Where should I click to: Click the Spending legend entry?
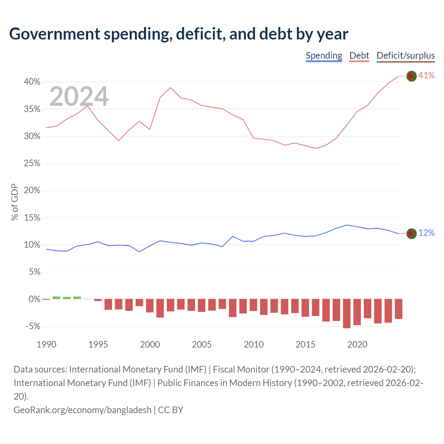point(324,56)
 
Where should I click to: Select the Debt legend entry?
point(359,56)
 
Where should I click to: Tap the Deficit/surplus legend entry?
point(405,56)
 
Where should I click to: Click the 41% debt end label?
point(426,76)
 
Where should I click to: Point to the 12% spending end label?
point(426,233)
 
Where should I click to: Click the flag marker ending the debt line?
point(411,76)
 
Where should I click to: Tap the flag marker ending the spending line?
point(411,234)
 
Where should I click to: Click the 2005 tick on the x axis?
point(202,344)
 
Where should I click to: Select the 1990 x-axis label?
point(46,344)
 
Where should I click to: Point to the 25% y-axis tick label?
point(32,163)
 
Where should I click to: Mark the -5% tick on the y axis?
point(33,326)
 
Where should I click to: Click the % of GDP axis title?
point(15,202)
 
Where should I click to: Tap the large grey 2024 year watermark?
point(79,97)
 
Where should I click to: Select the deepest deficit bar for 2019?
point(347,314)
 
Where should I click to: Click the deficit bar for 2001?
point(160,308)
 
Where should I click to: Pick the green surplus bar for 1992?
point(67,298)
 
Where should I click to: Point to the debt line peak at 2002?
point(170,88)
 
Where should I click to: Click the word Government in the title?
point(55,34)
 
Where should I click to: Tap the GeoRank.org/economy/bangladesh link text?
point(83,410)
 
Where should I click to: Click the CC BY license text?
point(170,410)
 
